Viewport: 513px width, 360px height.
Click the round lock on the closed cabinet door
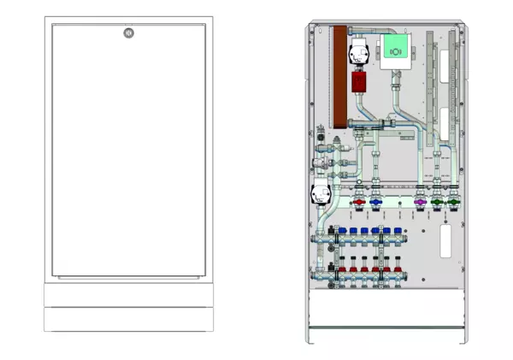coord(127,34)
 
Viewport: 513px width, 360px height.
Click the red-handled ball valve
coord(359,205)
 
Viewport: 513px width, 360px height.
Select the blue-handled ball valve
coord(377,205)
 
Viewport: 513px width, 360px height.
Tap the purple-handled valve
coord(420,204)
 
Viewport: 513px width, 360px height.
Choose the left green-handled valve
coord(438,204)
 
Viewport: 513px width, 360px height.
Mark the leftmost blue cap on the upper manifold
coord(342,232)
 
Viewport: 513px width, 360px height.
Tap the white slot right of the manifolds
coord(445,241)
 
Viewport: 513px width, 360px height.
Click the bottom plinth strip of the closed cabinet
coord(127,320)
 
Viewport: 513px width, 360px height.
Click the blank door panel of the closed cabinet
coord(127,154)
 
